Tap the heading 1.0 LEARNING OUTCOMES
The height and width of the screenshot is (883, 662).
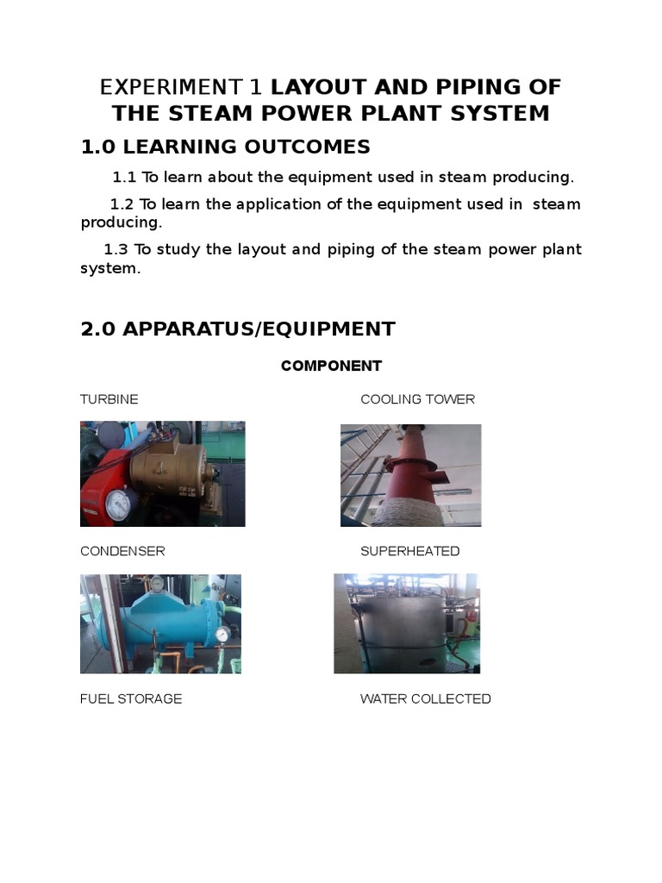[225, 147]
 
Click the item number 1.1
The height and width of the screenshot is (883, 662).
[125, 178]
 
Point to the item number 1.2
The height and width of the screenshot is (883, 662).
[122, 204]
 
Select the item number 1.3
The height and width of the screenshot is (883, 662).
[116, 249]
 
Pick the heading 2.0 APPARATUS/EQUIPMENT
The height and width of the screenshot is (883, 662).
[237, 329]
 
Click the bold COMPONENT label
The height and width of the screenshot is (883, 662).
[331, 366]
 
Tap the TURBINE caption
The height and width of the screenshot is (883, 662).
[109, 399]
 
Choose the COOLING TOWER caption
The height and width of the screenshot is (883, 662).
[417, 399]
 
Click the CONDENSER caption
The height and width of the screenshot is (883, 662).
[122, 551]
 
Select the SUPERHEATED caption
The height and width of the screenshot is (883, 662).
[409, 551]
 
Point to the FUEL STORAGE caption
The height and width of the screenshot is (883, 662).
[131, 698]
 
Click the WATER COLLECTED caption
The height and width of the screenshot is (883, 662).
[425, 698]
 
